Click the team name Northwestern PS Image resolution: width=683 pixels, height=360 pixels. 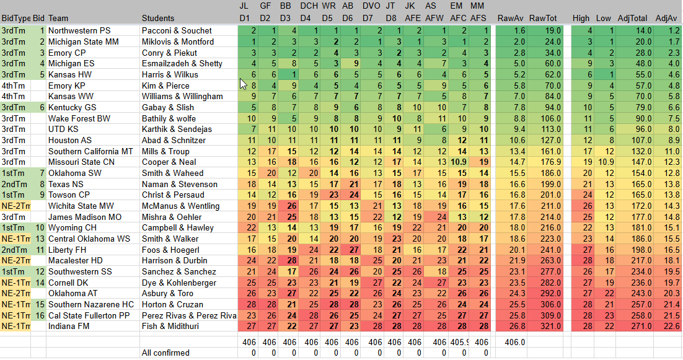tap(79, 30)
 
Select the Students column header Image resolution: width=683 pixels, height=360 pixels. tap(158, 19)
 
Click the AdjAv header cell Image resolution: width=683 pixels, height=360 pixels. tap(666, 19)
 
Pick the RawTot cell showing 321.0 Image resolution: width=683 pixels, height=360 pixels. tap(549, 326)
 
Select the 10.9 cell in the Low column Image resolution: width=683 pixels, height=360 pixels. tap(606, 162)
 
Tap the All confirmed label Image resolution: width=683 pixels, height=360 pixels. tap(165, 353)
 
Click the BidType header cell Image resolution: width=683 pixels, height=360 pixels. tap(15, 19)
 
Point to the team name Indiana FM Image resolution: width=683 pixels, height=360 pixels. tap(71, 326)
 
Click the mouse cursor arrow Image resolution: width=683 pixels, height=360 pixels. tap(244, 83)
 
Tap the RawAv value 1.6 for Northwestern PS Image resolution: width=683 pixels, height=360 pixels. tap(519, 30)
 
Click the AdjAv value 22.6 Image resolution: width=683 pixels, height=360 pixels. tap(672, 326)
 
